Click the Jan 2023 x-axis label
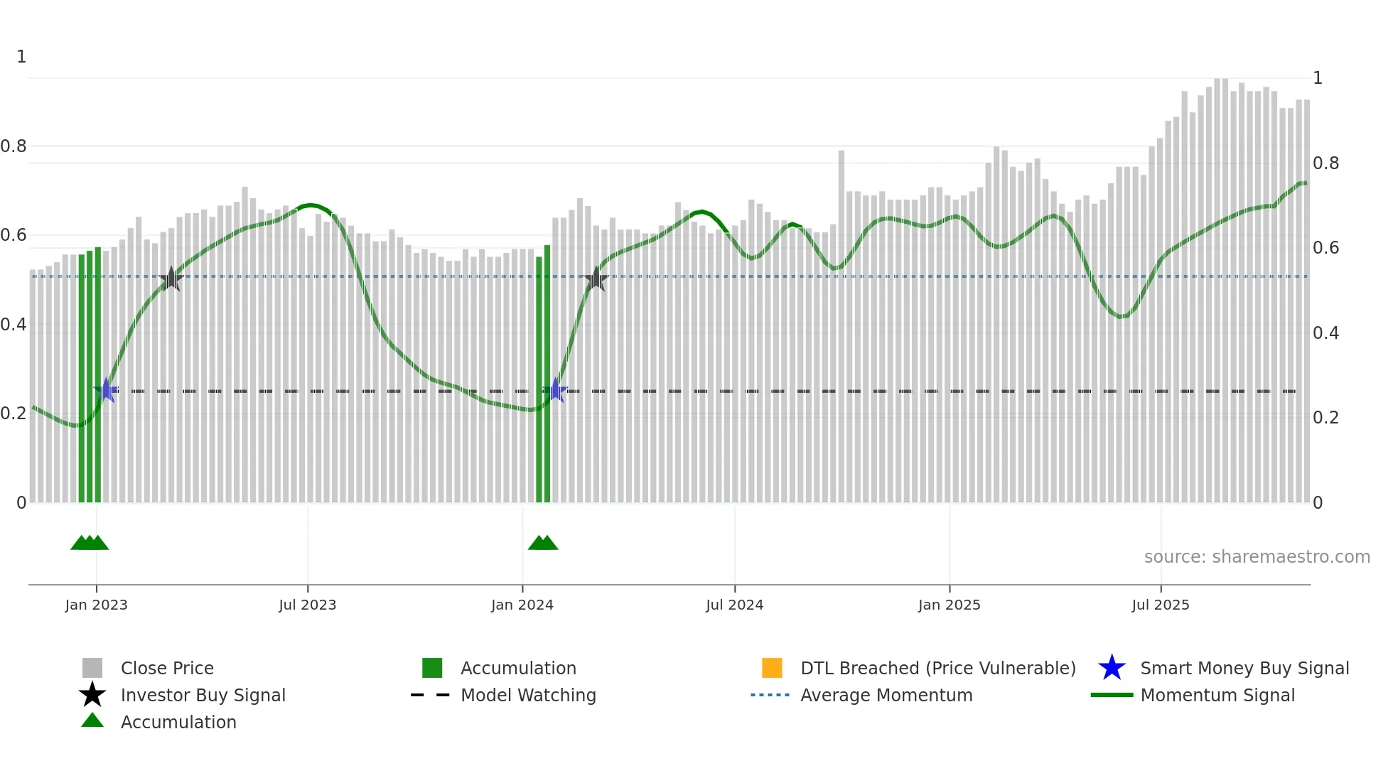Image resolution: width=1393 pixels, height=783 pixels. pos(96,605)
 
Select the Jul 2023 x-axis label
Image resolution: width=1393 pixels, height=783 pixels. pos(307,605)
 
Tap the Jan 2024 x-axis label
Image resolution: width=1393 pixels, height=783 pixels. pos(522,605)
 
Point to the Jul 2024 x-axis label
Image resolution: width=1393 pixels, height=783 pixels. pos(734,605)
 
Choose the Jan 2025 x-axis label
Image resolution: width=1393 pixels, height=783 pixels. pos(949,605)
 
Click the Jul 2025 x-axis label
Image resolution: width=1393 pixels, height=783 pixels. pos(1160,605)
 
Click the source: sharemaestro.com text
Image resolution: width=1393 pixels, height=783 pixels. pos(1257,557)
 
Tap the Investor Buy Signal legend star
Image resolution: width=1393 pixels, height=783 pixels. pos(92,695)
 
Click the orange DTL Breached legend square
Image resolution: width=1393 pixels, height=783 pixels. pos(772,668)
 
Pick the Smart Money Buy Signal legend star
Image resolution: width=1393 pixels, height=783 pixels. pos(1112,668)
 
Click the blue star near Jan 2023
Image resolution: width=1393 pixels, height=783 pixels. pos(106,391)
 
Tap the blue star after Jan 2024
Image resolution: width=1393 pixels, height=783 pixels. pos(555,391)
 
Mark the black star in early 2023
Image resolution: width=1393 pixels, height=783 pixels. pos(171,279)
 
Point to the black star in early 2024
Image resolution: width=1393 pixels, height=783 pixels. pos(596,279)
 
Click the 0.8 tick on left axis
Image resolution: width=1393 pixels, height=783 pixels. pos(14,146)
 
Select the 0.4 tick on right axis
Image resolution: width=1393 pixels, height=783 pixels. pos(1325,333)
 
